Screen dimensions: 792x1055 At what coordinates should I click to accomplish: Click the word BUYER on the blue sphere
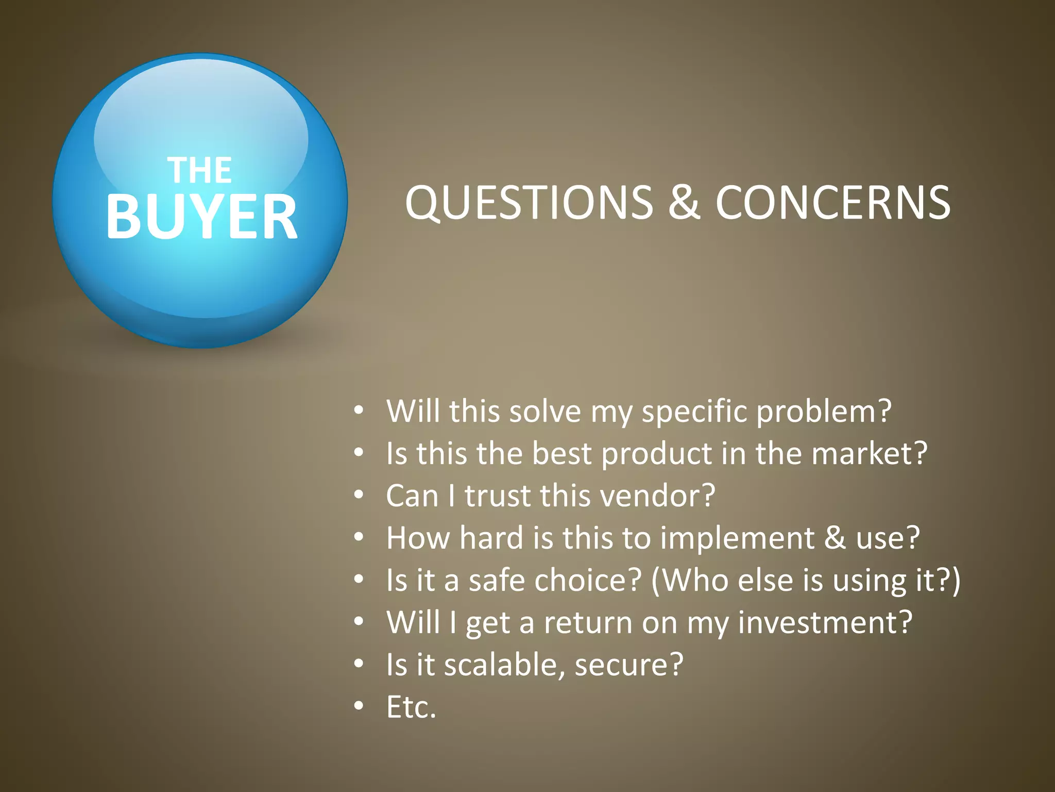point(201,217)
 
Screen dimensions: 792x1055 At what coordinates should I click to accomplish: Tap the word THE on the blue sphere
point(200,171)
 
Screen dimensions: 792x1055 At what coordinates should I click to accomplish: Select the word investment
point(825,623)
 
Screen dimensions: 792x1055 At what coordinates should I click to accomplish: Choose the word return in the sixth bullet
point(587,623)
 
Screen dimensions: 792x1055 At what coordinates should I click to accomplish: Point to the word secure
point(628,665)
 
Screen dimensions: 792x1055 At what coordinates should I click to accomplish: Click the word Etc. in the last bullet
point(411,707)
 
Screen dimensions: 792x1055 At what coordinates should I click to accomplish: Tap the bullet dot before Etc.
point(359,706)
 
